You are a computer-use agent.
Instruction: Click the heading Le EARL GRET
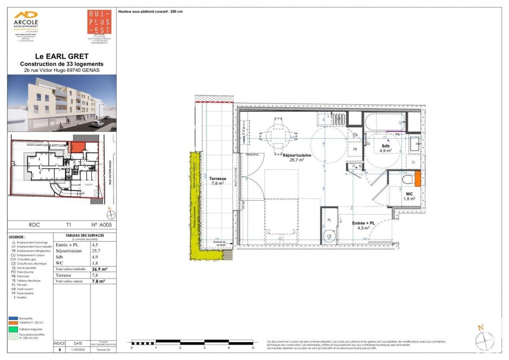point(62,57)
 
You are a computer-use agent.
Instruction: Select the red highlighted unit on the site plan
point(76,147)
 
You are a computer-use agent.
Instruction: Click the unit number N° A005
point(101,224)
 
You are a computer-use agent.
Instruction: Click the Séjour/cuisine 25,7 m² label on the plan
point(297,157)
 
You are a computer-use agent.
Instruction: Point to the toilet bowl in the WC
point(407,180)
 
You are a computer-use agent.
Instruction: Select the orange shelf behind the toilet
point(417,179)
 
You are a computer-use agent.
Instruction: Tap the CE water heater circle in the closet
point(329,236)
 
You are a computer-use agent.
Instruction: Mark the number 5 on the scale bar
point(253,348)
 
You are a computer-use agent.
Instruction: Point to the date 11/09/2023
point(75,349)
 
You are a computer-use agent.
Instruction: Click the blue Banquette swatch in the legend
point(13,319)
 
